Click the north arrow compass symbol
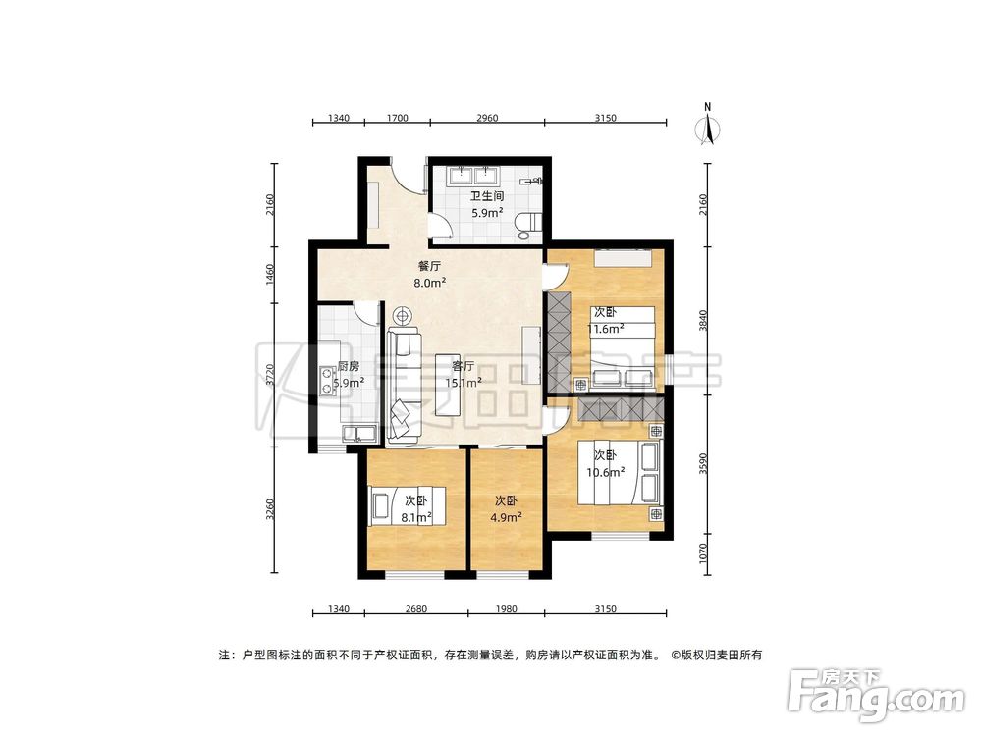(707, 128)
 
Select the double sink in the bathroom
(474, 177)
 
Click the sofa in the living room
(404, 383)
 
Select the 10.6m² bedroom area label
(605, 471)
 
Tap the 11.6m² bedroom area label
(609, 329)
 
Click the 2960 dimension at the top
(487, 118)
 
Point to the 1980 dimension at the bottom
(507, 609)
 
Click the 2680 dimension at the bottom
(416, 609)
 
